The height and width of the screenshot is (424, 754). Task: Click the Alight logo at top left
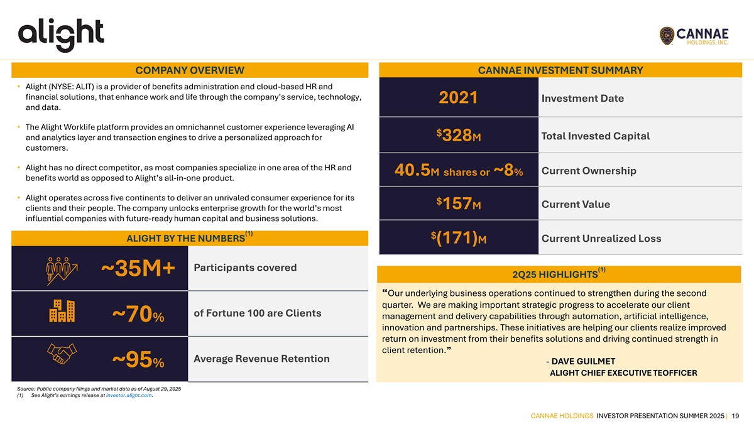point(60,35)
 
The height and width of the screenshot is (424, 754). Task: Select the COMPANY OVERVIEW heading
point(190,70)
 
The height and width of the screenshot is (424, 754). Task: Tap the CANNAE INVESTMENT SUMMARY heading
point(560,70)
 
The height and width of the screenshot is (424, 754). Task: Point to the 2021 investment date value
point(458,99)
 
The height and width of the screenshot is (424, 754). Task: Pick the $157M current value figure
point(458,204)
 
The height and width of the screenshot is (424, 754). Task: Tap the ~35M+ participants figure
point(138,269)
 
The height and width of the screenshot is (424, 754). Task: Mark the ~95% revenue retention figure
point(138,361)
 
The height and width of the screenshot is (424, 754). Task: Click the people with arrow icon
point(61,269)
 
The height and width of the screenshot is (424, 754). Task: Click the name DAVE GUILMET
point(583,361)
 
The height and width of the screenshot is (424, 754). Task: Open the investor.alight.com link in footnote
point(129,395)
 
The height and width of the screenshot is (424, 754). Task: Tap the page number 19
point(735,415)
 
